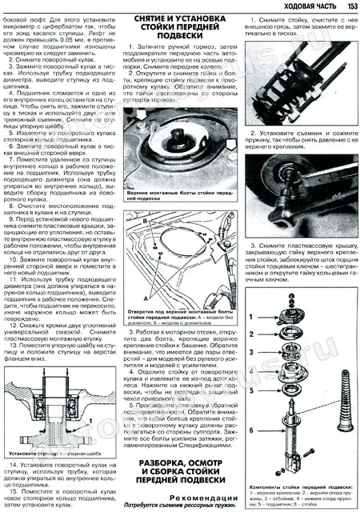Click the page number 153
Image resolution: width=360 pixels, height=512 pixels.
pyautogui.click(x=347, y=7)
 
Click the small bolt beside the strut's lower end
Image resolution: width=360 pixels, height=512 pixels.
pyautogui.click(x=310, y=454)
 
